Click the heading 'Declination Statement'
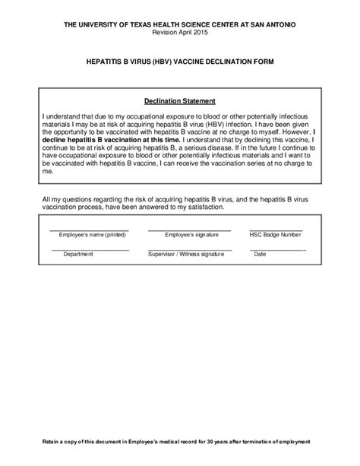pos(179,100)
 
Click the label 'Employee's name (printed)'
pos(89,235)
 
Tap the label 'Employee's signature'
pos(181,235)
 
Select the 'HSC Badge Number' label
pos(275,235)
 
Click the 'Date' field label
pos(260,254)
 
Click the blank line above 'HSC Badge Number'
pos(276,230)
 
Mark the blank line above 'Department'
pos(90,249)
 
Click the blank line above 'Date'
pos(278,249)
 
